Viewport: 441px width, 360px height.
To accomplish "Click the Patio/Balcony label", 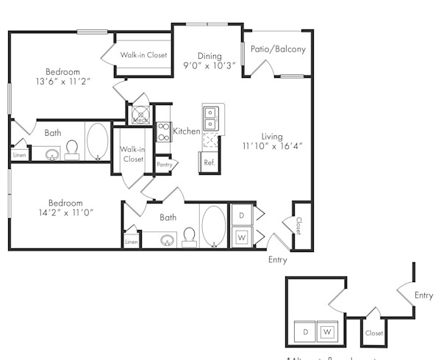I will tap(278, 50).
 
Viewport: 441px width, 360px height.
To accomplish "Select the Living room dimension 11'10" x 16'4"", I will tap(272, 145).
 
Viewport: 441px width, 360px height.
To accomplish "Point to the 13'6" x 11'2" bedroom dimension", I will tap(62, 83).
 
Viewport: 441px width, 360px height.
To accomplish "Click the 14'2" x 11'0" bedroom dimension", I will tap(65, 212).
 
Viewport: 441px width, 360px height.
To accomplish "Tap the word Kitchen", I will tap(187, 131).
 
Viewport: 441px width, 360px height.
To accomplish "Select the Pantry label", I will tap(163, 165).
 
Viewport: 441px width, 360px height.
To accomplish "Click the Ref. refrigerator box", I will tap(209, 162).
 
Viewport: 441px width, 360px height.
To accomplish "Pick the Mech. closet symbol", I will tap(140, 115).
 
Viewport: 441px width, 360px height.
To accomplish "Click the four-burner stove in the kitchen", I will tap(163, 132).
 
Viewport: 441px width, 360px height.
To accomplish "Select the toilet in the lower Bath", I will tap(189, 235).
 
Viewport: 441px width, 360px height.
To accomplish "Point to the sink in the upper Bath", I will tap(52, 154).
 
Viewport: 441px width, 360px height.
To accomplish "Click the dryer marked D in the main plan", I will tap(241, 216).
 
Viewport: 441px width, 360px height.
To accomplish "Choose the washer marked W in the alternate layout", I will tap(327, 332).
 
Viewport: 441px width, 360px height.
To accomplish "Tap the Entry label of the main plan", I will tap(278, 259).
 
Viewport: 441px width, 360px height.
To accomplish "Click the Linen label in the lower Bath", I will tap(132, 242).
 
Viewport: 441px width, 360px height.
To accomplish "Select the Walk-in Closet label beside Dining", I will tap(144, 55).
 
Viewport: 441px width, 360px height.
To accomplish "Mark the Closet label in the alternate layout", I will tap(373, 333).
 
